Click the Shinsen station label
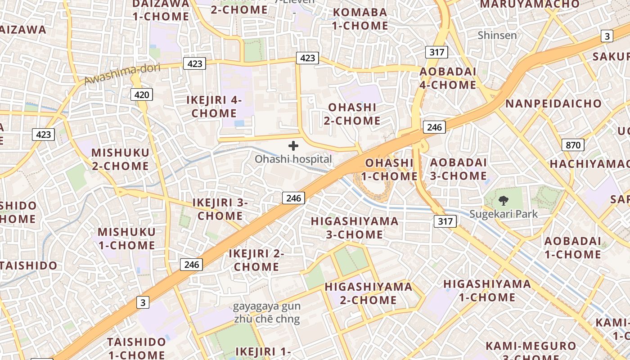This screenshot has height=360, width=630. pyautogui.click(x=497, y=35)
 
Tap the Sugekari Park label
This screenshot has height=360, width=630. pyautogui.click(x=504, y=214)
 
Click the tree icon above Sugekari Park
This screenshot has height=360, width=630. pyautogui.click(x=504, y=201)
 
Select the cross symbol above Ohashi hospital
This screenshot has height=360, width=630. pyautogui.click(x=293, y=146)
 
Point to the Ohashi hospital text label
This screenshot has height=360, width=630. pyautogui.click(x=293, y=159)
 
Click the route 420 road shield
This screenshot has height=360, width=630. pyautogui.click(x=142, y=94)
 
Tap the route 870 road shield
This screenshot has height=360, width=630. pyautogui.click(x=573, y=145)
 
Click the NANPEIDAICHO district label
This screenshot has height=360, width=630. pyautogui.click(x=553, y=103)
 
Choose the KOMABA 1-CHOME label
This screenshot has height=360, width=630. pyautogui.click(x=360, y=19)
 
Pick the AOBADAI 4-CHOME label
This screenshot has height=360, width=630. pyautogui.click(x=448, y=78)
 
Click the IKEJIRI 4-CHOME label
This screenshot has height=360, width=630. pyautogui.click(x=214, y=106)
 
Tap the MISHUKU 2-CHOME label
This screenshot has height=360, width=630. pyautogui.click(x=120, y=159)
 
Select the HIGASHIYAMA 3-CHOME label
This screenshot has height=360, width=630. pyautogui.click(x=354, y=228)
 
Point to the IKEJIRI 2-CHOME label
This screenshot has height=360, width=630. pyautogui.click(x=256, y=260)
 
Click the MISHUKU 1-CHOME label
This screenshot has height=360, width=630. pyautogui.click(x=126, y=238)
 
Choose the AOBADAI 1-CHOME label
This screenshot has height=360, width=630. pyautogui.click(x=572, y=247)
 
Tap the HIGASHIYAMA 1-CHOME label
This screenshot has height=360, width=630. pyautogui.click(x=487, y=290)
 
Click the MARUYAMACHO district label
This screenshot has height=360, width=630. pyautogui.click(x=530, y=4)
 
